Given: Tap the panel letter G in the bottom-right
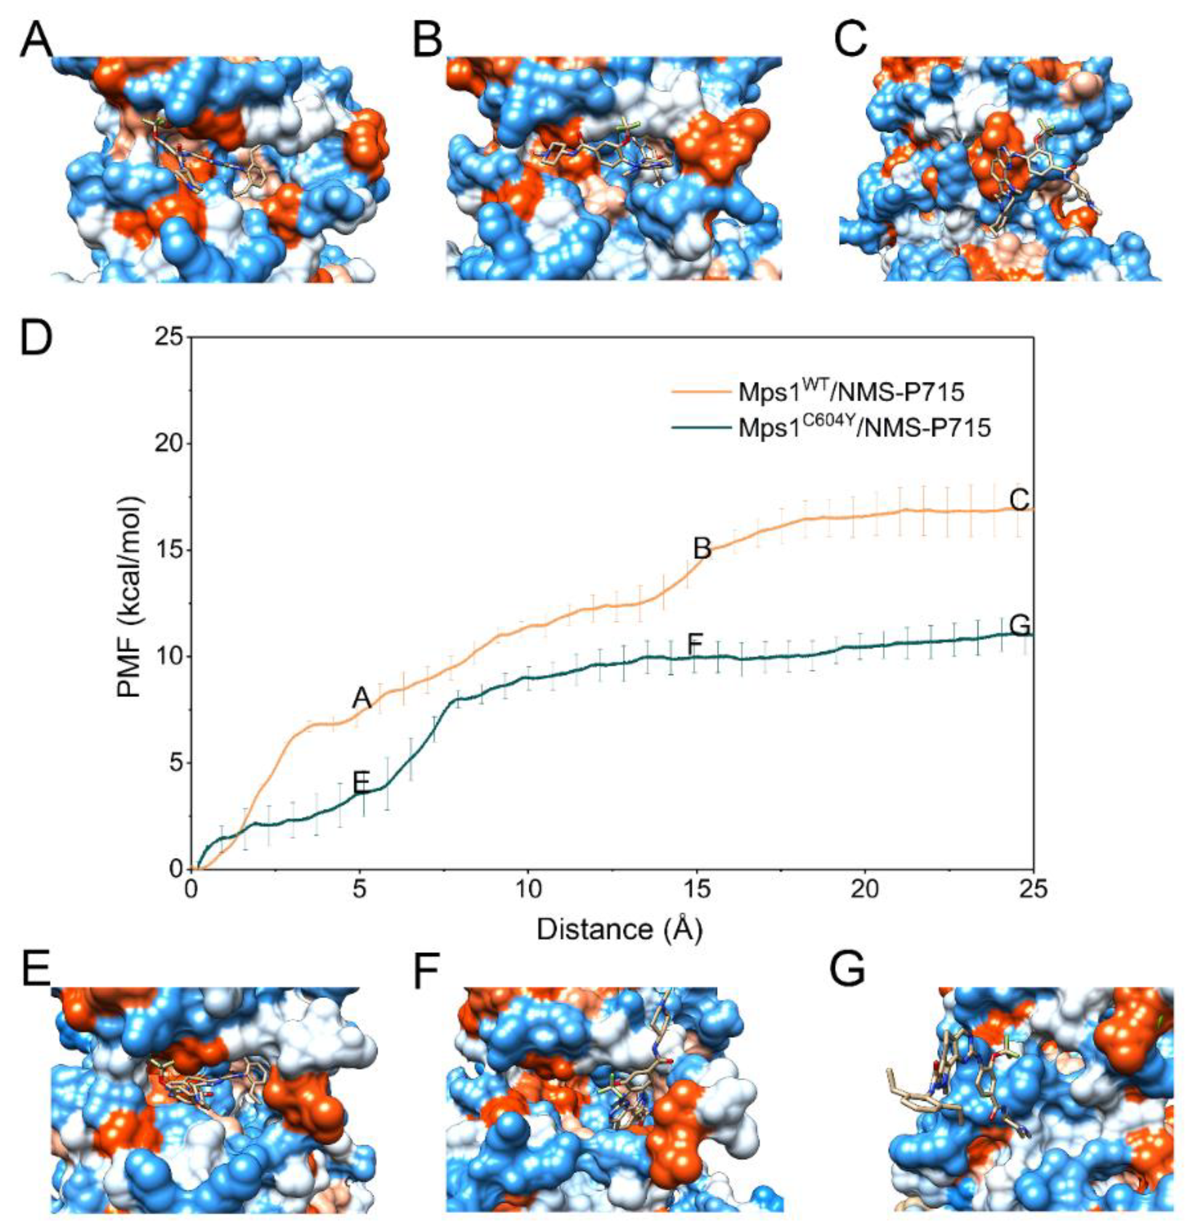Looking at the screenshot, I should click(x=847, y=970).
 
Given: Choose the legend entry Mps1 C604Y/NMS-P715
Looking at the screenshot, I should click(x=865, y=428).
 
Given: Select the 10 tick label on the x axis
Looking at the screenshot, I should click(x=527, y=890).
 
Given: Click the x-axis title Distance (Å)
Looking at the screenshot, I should click(x=619, y=930).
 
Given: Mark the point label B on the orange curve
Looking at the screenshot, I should click(x=702, y=549).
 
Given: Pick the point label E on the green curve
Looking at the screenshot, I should click(x=361, y=782).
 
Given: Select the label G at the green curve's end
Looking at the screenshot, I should click(x=1020, y=625).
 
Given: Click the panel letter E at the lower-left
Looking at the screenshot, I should click(x=35, y=970).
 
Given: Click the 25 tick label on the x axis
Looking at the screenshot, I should click(x=1033, y=890).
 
